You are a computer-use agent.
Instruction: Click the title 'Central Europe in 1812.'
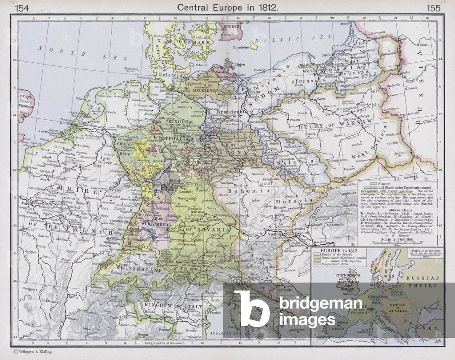point(227,7)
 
